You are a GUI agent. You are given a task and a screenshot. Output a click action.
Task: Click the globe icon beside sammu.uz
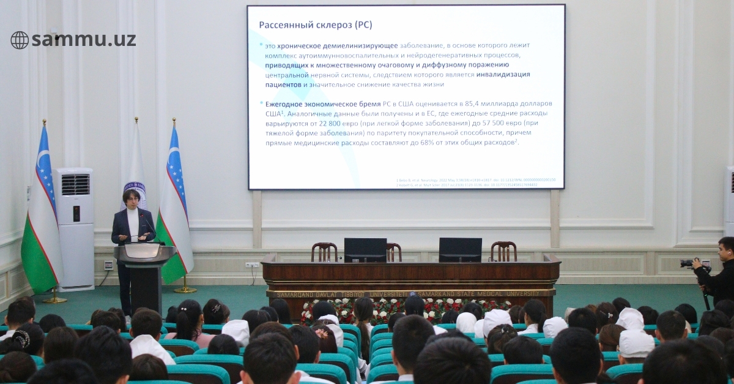20,40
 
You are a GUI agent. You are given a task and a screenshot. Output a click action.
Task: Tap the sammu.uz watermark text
83,40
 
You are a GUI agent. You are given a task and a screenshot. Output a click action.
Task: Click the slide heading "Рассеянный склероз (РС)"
315,25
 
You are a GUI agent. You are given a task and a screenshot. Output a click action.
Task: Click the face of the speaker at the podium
130,199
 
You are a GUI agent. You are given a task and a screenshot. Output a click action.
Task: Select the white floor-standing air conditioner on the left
75,228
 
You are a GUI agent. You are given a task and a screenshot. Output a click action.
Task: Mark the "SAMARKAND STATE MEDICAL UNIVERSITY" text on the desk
489,293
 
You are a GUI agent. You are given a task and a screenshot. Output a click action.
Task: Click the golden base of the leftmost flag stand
54,299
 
